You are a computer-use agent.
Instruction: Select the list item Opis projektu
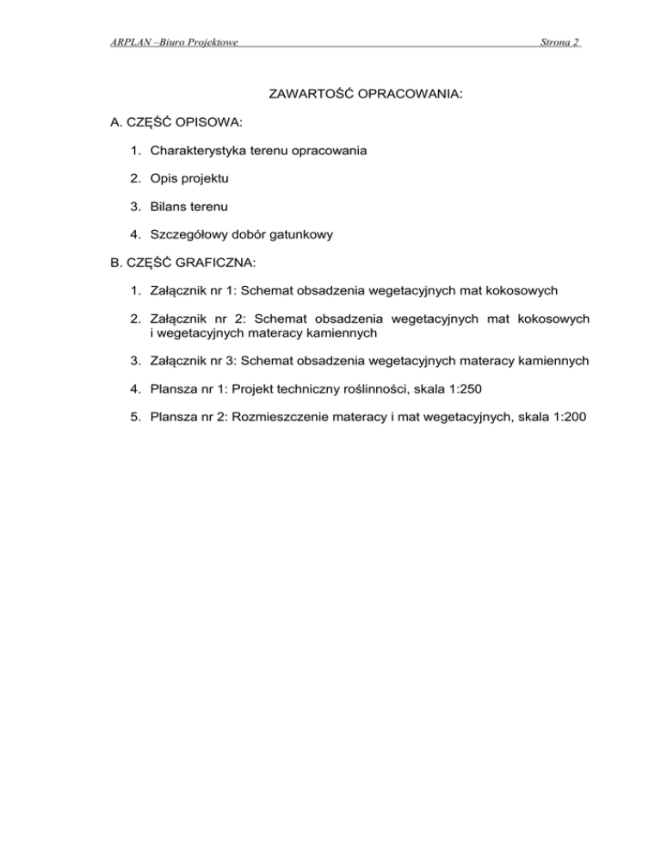click(x=190, y=177)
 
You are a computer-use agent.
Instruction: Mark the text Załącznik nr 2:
click(x=198, y=319)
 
